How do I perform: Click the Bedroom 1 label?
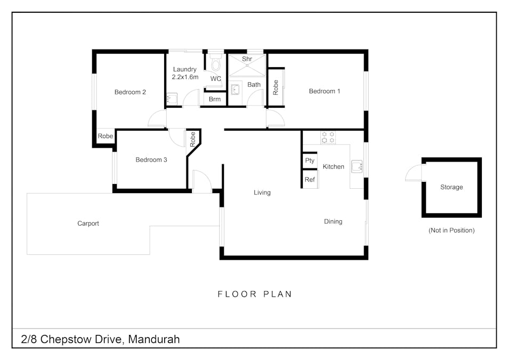tap(324, 91)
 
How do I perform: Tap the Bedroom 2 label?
tap(130, 92)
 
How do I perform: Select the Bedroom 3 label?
tap(151, 159)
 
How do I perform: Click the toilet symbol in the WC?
tap(215, 64)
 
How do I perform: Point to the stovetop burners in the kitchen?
tap(327, 137)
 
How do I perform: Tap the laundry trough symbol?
tap(172, 99)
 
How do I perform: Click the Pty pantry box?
tap(310, 161)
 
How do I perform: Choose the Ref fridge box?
tap(310, 180)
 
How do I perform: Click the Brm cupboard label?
tap(215, 99)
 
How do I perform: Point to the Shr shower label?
tap(247, 59)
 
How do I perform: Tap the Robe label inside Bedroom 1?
tap(276, 87)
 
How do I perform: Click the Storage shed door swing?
tap(414, 173)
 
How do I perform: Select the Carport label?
tap(88, 223)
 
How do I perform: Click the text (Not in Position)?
tap(451, 230)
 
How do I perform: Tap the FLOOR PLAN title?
tap(254, 294)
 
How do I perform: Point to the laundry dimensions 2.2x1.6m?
tap(185, 77)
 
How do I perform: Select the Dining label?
tap(333, 221)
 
